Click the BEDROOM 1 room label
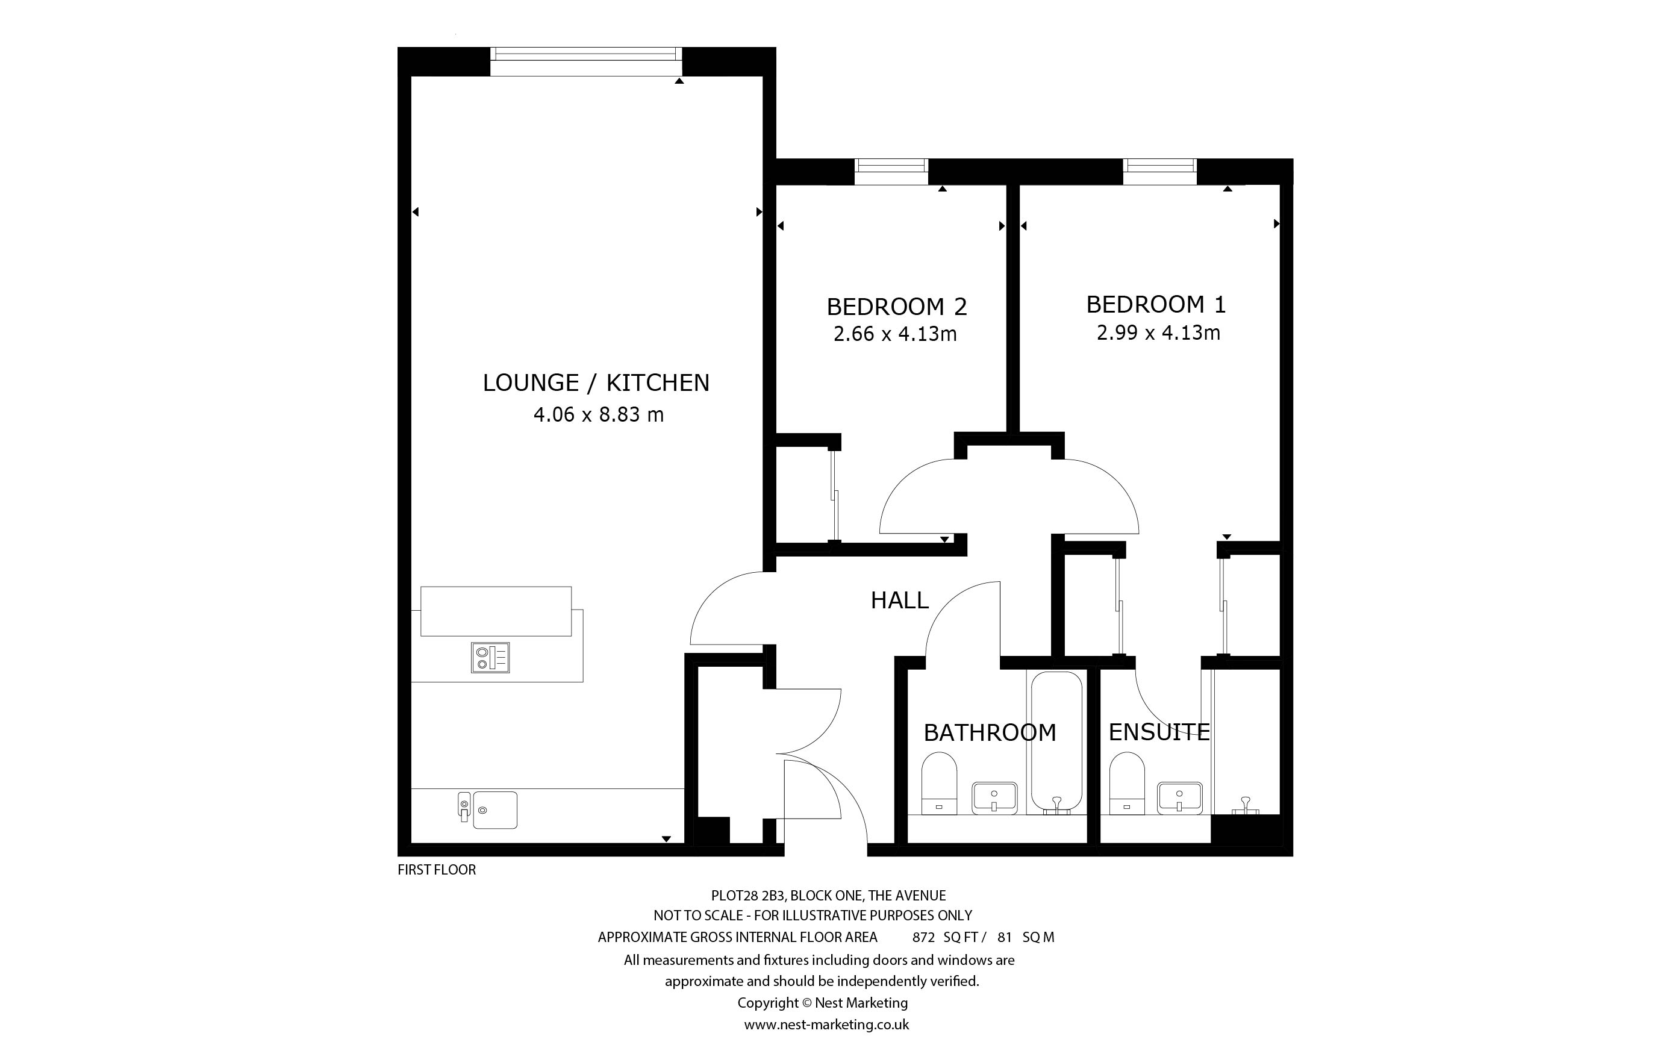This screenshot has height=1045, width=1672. coord(1156,304)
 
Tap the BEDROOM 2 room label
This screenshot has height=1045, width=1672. coord(897,306)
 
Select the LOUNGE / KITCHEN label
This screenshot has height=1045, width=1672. coord(596,382)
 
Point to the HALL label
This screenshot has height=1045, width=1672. coord(900,600)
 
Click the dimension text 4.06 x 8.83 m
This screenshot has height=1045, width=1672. coord(598,414)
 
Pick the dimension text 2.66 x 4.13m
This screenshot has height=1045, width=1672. coord(896,334)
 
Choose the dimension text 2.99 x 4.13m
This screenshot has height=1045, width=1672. coord(1159,333)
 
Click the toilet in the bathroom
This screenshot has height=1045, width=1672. coord(939,783)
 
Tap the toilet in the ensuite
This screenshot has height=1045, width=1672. coord(1127,783)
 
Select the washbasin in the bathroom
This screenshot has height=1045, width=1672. coord(994,797)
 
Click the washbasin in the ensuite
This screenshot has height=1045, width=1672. coord(1180,797)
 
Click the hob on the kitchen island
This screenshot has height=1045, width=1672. coord(490,657)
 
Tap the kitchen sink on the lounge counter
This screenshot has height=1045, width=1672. coord(488,810)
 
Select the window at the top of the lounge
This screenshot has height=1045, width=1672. coord(586,61)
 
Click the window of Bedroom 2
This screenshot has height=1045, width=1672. coord(891,172)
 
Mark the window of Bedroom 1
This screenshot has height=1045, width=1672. coord(1159,172)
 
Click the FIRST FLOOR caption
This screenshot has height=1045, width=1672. coord(437,870)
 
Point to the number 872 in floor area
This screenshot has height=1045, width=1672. coord(923,938)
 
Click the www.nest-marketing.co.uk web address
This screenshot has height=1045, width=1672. coord(826,1025)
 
